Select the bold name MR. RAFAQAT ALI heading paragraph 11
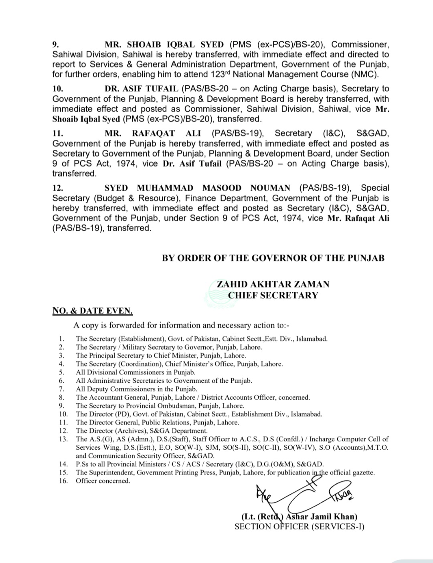click(153, 133)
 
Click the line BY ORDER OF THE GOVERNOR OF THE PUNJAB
click(273, 258)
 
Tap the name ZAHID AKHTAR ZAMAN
click(273, 284)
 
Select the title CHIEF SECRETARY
click(273, 296)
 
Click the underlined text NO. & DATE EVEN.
click(92, 311)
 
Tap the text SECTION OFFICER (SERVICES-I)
click(299, 527)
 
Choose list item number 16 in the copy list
click(63, 481)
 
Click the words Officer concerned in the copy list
click(103, 481)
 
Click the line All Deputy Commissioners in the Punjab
click(136, 389)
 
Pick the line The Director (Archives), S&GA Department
click(142, 431)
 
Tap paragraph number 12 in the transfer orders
click(58, 188)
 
